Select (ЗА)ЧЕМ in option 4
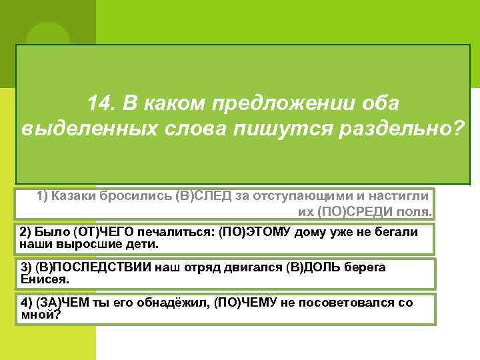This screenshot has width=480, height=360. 57,303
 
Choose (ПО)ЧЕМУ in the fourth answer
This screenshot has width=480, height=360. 225,303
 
